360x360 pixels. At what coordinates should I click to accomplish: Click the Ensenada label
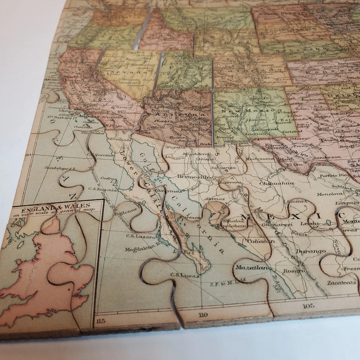pyautogui.click(x=120, y=139)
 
